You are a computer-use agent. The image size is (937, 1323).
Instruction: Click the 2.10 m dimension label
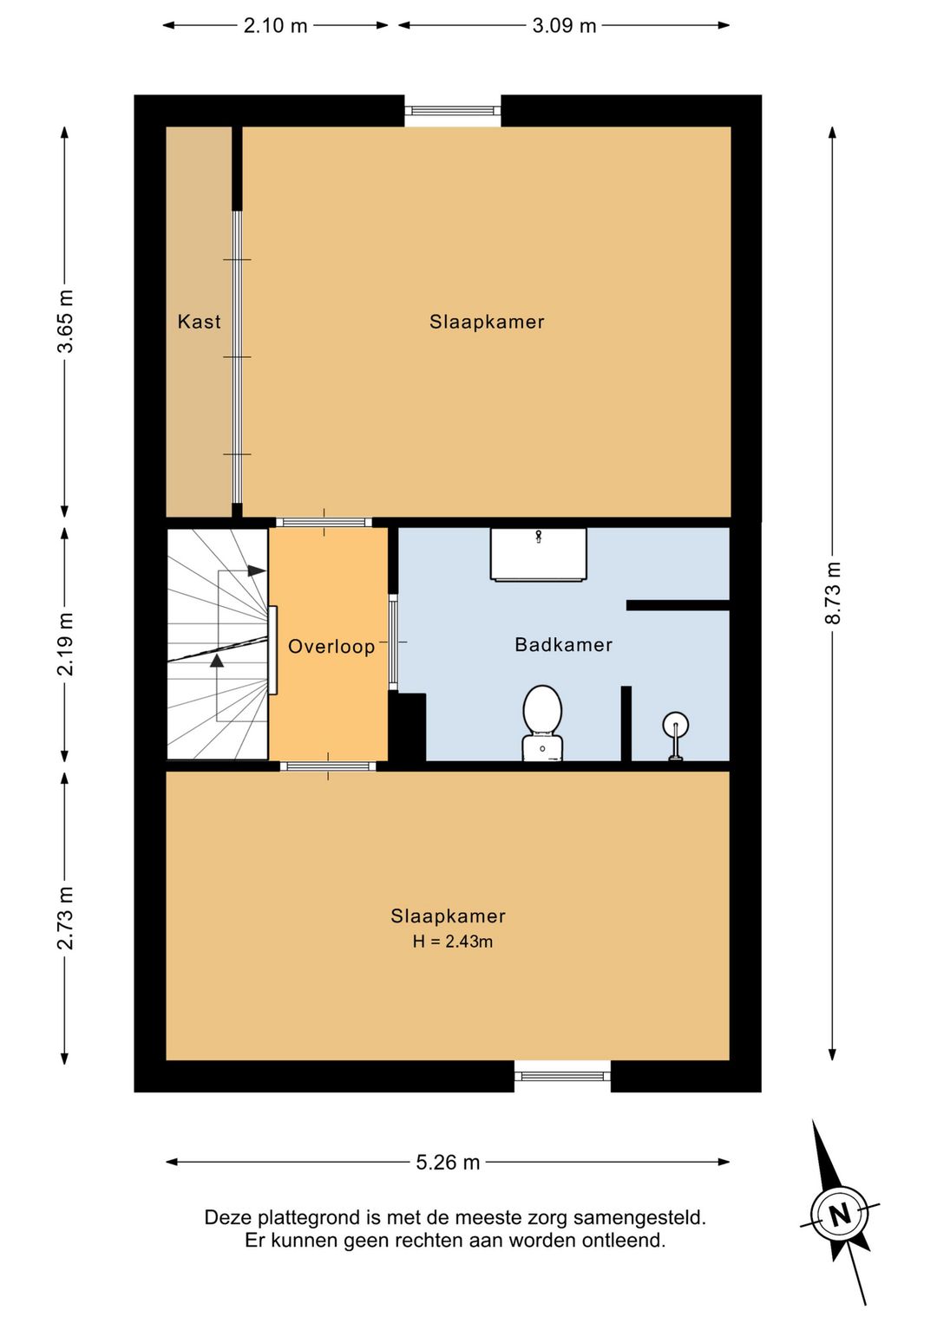276,26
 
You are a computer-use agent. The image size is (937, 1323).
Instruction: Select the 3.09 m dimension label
564,26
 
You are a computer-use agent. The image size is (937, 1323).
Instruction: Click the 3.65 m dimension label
65,322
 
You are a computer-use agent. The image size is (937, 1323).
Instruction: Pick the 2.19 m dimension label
65,644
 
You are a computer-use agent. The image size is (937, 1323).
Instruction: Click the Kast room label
200,322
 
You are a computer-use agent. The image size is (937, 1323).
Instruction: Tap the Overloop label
331,647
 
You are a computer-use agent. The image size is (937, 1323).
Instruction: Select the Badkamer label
563,644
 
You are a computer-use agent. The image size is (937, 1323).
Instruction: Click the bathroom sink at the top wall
539,554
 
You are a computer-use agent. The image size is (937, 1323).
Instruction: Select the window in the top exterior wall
453,110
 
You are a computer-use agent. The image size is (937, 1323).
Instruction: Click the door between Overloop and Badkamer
393,642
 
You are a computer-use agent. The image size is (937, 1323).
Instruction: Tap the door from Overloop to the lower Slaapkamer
327,766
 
